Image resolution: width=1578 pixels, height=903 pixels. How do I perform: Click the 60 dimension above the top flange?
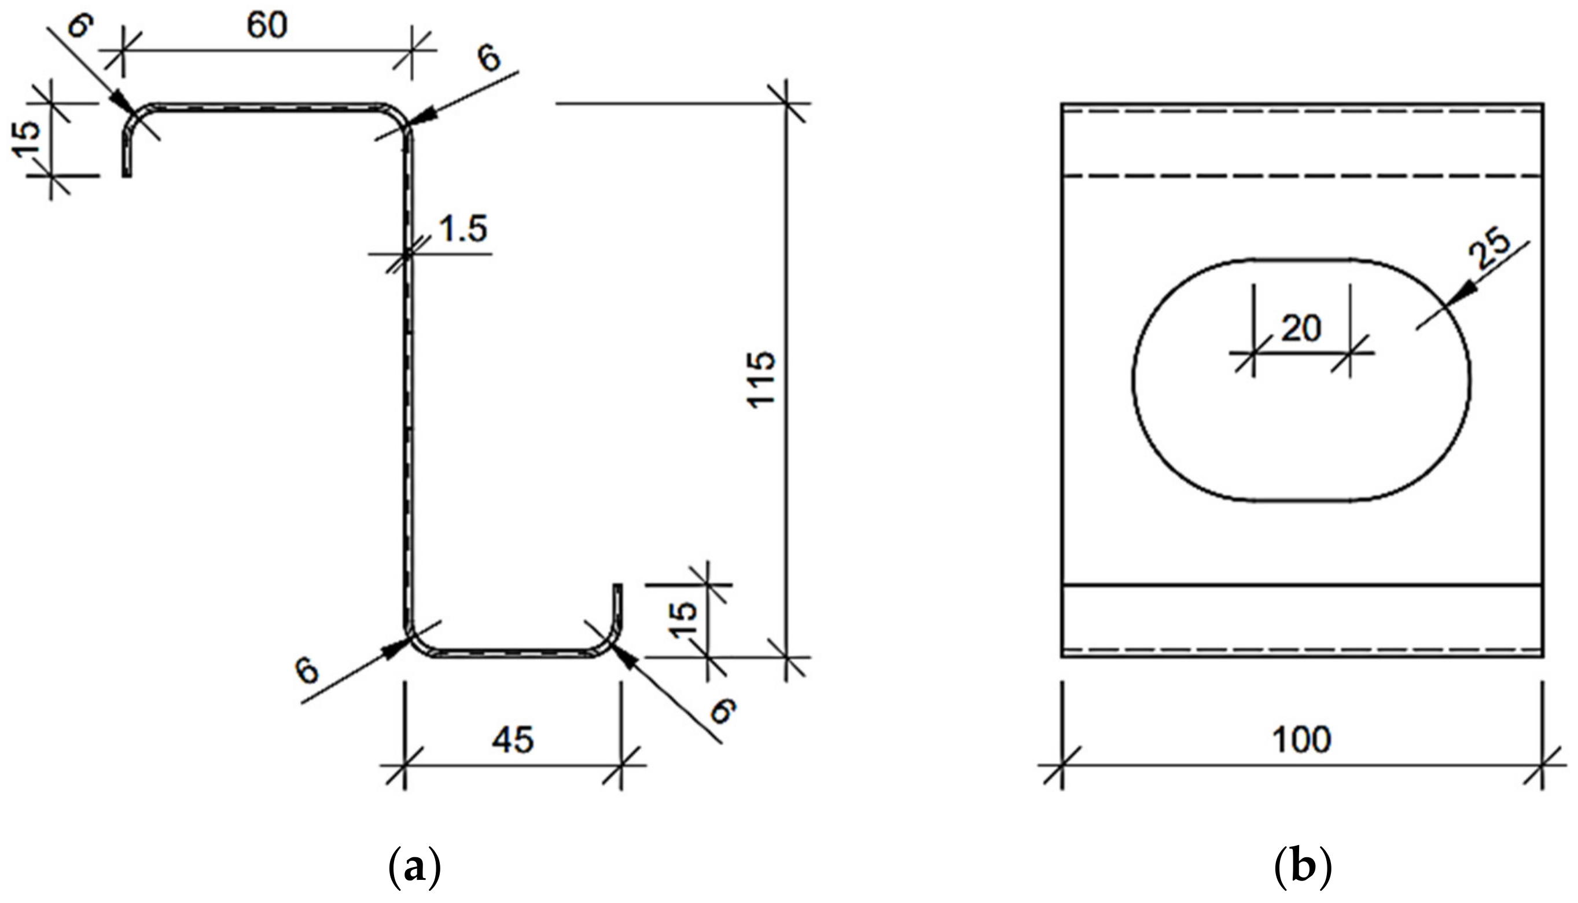tap(267, 26)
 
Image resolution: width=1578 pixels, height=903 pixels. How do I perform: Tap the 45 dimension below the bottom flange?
tap(513, 740)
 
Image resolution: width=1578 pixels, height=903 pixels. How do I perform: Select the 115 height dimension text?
tap(760, 380)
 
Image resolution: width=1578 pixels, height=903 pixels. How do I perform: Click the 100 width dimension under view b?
tap(1301, 739)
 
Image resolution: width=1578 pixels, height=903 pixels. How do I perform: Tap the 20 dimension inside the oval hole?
tap(1301, 329)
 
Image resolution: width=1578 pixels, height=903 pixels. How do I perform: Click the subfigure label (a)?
tap(414, 869)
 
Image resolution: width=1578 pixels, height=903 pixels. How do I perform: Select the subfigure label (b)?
tap(1302, 869)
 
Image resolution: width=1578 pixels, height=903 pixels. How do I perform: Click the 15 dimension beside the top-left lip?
tap(27, 139)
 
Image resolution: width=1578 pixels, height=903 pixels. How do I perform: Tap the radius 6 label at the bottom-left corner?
tap(307, 671)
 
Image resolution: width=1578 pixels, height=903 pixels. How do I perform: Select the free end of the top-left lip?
tap(127, 175)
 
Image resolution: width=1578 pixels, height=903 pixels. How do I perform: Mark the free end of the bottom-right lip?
tap(617, 585)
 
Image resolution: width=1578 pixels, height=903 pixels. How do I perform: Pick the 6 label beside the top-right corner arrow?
tap(488, 60)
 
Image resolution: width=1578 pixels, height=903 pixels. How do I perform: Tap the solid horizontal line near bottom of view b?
tap(1301, 584)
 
